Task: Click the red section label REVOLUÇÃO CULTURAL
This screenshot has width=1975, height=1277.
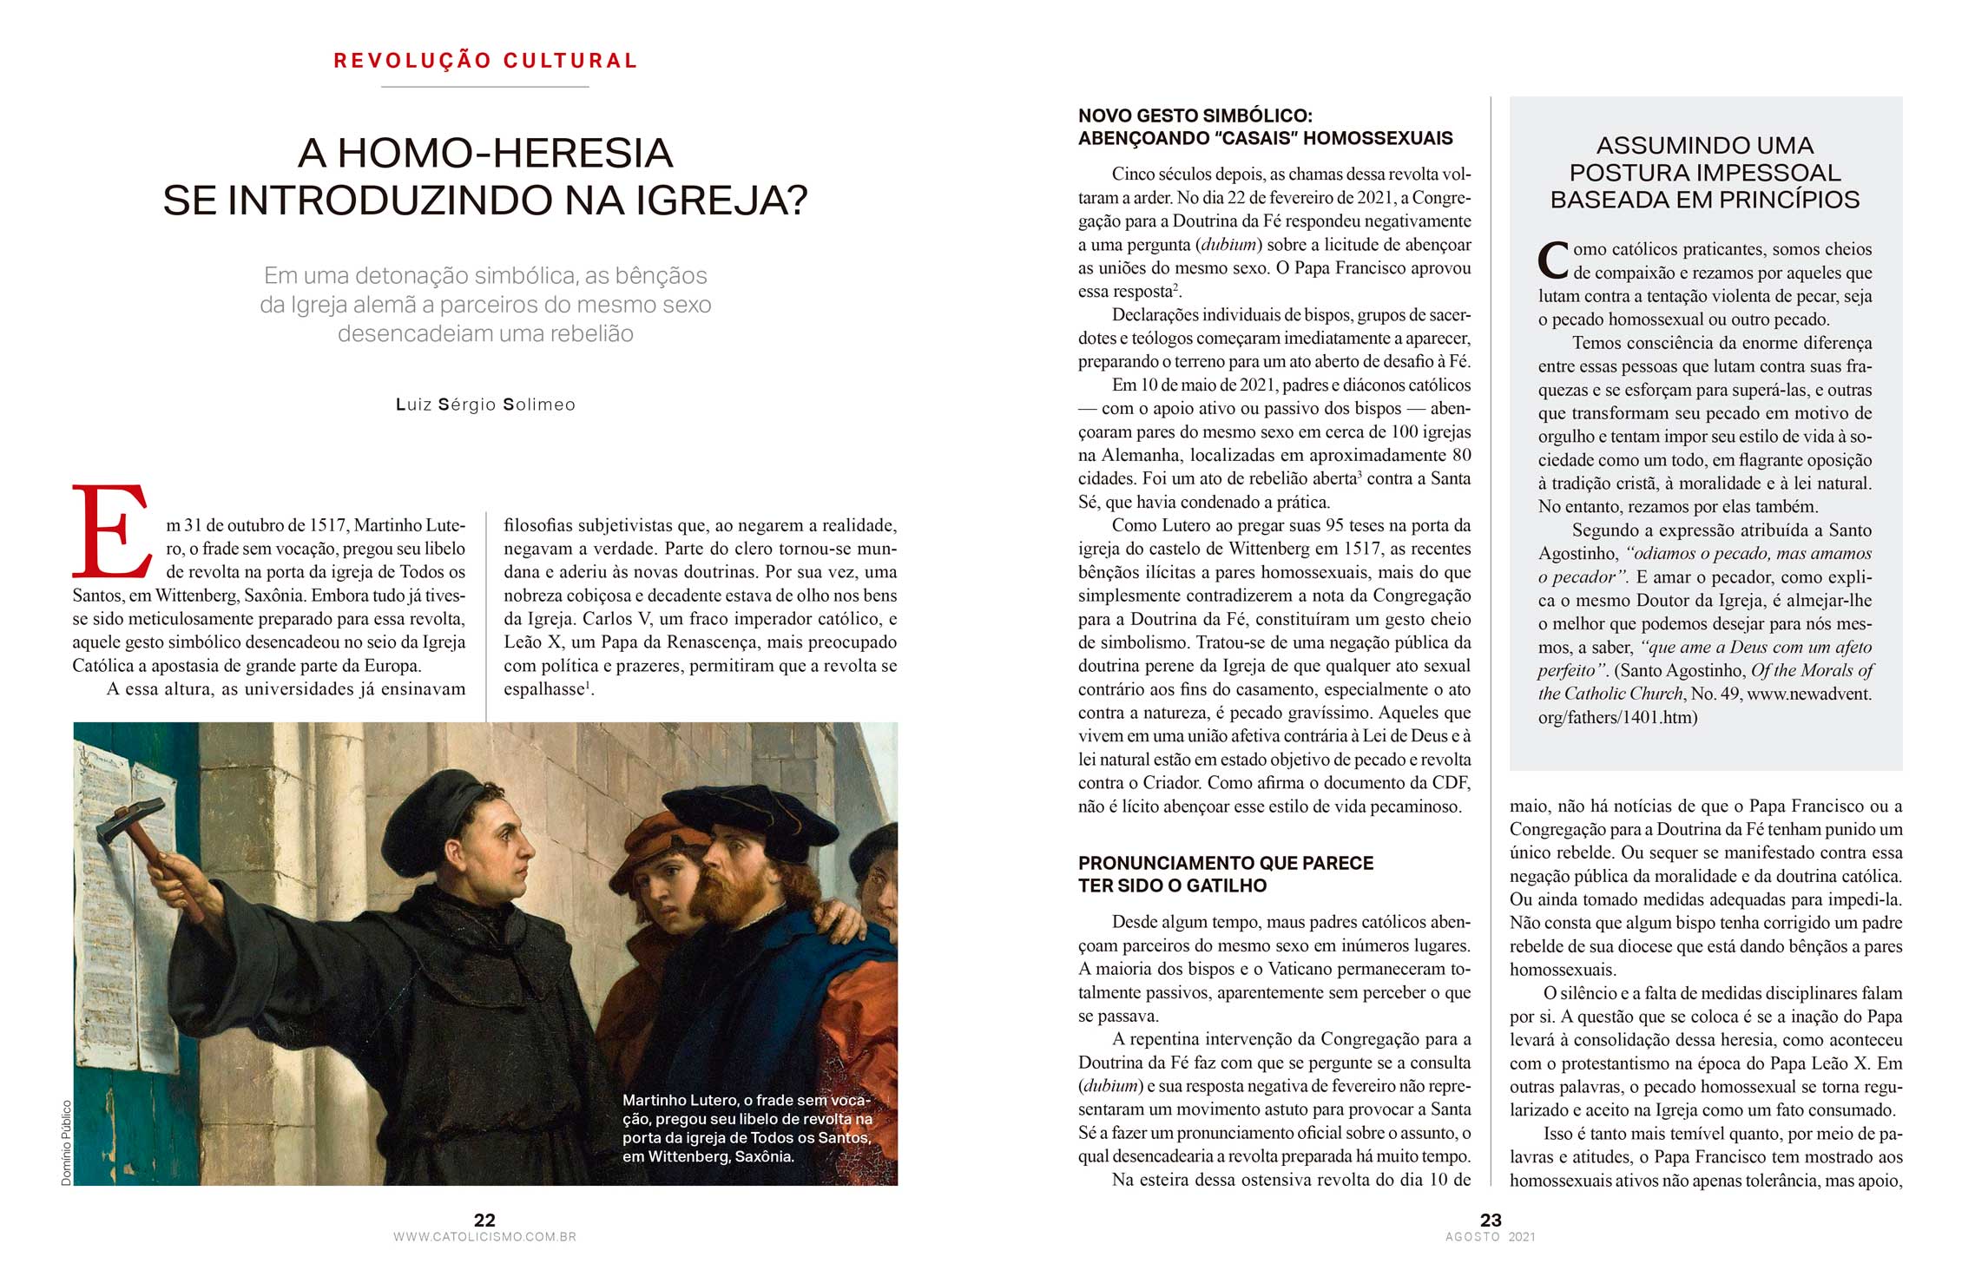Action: tap(485, 61)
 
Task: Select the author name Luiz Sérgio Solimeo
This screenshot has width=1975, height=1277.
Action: tap(485, 405)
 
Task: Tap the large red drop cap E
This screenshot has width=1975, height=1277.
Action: tap(110, 531)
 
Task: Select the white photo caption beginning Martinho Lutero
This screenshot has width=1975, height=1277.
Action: tap(747, 1128)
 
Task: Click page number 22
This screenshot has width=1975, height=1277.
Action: tap(484, 1220)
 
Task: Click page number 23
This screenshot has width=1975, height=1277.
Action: tap(1491, 1220)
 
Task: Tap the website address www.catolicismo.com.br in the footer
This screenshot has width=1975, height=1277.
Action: tap(484, 1237)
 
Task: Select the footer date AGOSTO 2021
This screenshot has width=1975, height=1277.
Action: tap(1491, 1237)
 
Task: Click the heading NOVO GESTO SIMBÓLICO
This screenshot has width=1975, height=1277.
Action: tap(1195, 116)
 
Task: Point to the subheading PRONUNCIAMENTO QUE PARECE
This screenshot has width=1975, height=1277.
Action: tap(1225, 863)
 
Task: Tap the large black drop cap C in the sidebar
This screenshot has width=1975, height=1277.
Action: tap(1553, 260)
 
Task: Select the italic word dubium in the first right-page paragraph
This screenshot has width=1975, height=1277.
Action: tap(1228, 245)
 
